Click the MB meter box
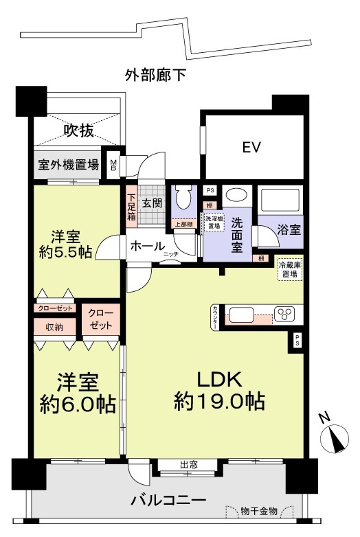113,165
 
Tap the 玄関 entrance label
152,203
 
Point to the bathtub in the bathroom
280,199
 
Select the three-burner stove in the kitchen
283,315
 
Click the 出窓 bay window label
188,465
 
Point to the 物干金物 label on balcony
259,511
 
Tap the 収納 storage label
55,328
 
